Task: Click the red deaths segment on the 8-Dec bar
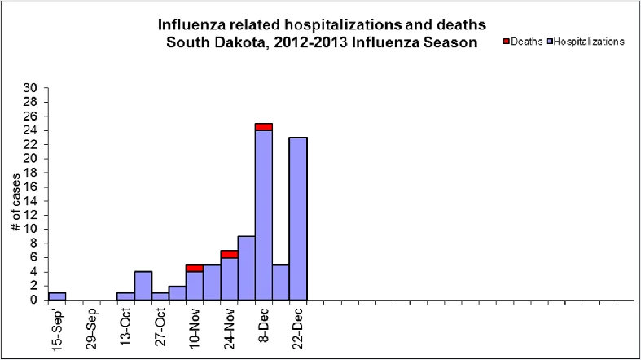click(x=264, y=127)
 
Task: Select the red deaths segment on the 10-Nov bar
click(x=195, y=268)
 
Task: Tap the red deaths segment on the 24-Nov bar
click(x=230, y=254)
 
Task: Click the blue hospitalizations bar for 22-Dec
click(x=298, y=218)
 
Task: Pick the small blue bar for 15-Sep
click(x=57, y=296)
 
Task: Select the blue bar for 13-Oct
click(x=126, y=296)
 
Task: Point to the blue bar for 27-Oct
click(x=160, y=296)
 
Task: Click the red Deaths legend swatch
click(x=506, y=42)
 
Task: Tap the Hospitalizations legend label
click(x=589, y=42)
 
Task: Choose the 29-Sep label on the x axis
click(x=92, y=328)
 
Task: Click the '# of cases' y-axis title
click(x=15, y=202)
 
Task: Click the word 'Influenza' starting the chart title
click(x=191, y=24)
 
